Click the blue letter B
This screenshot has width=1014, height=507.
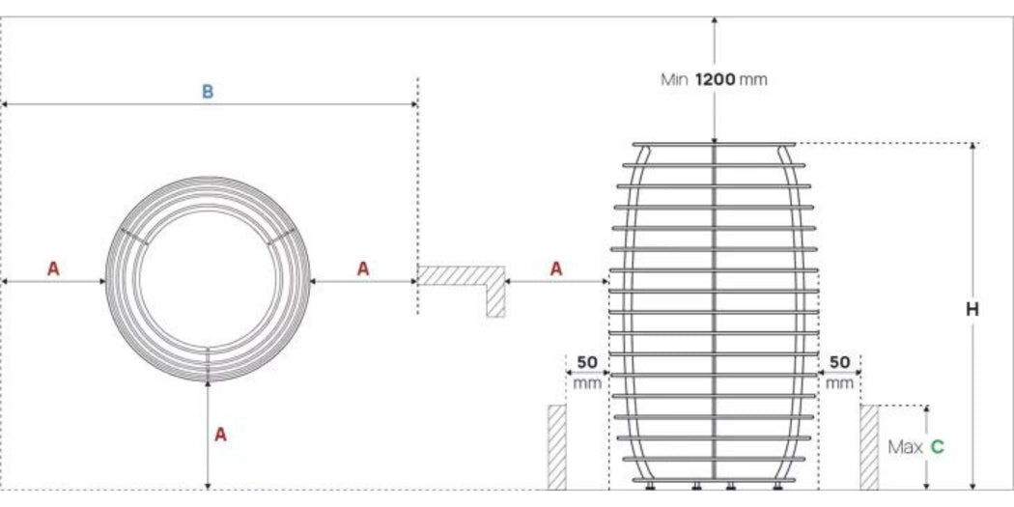click(x=207, y=92)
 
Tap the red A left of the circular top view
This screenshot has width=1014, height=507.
click(x=53, y=269)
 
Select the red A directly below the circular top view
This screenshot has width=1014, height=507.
click(x=220, y=435)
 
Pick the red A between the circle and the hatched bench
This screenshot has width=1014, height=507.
click(x=363, y=269)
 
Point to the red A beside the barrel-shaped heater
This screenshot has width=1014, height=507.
click(x=556, y=269)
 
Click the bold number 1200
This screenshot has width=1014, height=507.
click(x=715, y=79)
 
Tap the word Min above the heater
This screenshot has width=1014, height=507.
click(x=673, y=79)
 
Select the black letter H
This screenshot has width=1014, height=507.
click(x=972, y=310)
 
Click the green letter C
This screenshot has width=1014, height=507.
click(x=937, y=447)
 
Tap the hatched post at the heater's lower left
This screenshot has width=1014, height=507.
click(x=557, y=446)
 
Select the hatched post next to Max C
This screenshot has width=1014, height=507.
click(x=869, y=446)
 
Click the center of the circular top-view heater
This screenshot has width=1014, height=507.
click(x=209, y=279)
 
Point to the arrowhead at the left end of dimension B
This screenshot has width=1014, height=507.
click(x=6, y=103)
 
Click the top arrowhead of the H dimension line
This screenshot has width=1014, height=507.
click(x=972, y=148)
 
